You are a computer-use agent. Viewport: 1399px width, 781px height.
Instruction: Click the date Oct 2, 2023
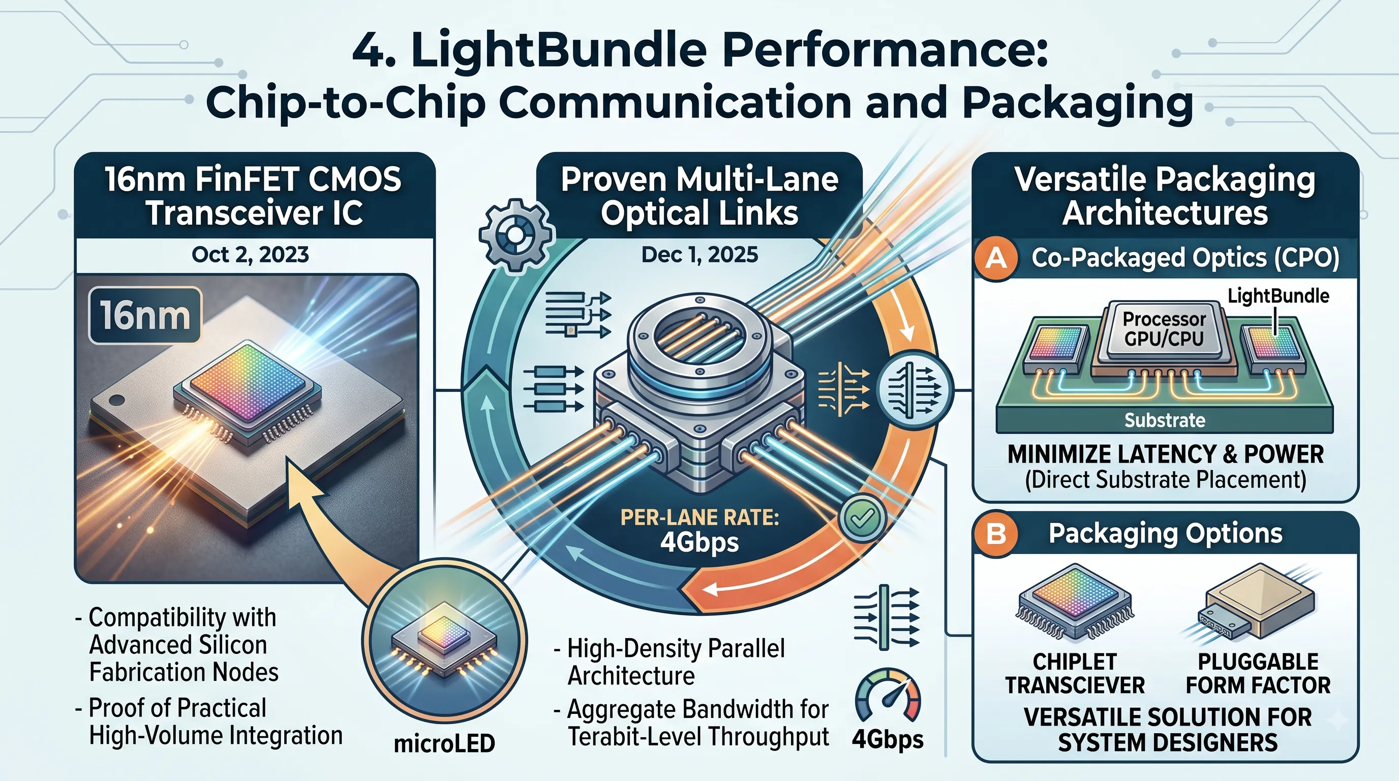click(250, 255)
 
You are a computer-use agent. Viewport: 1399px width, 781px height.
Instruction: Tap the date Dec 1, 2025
click(699, 255)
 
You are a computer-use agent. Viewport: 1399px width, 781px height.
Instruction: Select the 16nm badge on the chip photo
click(145, 316)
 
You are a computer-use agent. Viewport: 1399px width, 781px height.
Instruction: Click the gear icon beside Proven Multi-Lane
click(516, 234)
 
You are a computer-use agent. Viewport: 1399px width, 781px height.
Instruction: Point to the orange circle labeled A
click(996, 258)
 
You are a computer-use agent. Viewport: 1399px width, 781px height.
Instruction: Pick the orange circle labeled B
click(996, 533)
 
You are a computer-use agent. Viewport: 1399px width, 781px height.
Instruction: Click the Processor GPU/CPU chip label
click(1164, 328)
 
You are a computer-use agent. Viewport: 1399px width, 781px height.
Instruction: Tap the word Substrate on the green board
click(1164, 420)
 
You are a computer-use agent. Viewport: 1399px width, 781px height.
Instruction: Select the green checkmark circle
click(862, 518)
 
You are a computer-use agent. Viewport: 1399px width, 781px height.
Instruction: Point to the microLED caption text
click(444, 744)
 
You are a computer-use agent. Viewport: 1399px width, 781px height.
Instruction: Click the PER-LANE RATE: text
click(699, 518)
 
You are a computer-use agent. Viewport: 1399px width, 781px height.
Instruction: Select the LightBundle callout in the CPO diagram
click(1279, 296)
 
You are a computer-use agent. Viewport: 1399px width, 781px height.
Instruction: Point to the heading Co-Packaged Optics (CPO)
click(1185, 257)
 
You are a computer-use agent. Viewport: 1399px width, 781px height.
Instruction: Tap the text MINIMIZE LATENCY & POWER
click(1166, 454)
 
